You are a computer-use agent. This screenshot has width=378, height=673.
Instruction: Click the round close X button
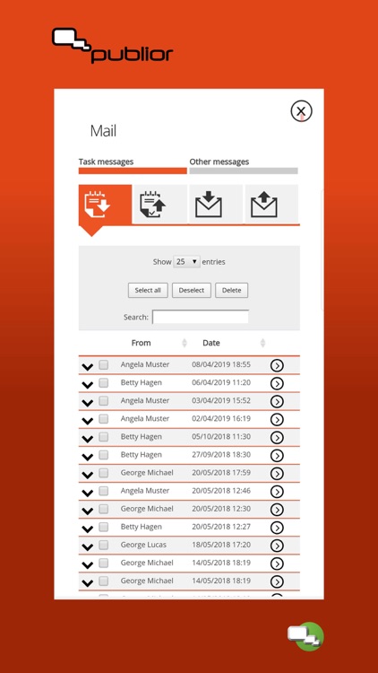point(301,111)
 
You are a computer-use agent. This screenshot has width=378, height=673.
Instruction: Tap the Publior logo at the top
point(112,47)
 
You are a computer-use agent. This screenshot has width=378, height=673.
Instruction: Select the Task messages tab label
point(106,162)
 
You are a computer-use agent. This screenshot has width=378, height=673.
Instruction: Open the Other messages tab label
point(219,162)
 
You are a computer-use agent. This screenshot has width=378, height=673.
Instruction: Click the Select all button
point(148,290)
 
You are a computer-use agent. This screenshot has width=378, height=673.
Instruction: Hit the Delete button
point(231,290)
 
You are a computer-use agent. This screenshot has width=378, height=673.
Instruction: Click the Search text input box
point(201,317)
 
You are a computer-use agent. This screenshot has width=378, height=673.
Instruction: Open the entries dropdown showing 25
point(186,262)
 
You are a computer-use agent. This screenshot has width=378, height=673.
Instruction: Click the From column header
point(142,343)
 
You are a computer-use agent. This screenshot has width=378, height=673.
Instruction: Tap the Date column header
point(211,343)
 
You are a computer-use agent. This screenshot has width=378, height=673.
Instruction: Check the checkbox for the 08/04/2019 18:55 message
point(104,365)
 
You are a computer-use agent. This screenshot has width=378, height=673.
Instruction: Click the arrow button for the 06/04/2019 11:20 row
point(277,383)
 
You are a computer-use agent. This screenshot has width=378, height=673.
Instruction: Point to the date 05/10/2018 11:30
point(221,437)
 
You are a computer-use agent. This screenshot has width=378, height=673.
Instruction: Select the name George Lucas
point(143,545)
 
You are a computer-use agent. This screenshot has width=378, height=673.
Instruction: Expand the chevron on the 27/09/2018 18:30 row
point(87,456)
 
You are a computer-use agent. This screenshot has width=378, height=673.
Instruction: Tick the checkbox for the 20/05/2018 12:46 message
point(104,491)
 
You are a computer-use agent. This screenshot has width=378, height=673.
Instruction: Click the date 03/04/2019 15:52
point(221,401)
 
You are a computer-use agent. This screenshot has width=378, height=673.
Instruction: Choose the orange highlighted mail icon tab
point(105,205)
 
